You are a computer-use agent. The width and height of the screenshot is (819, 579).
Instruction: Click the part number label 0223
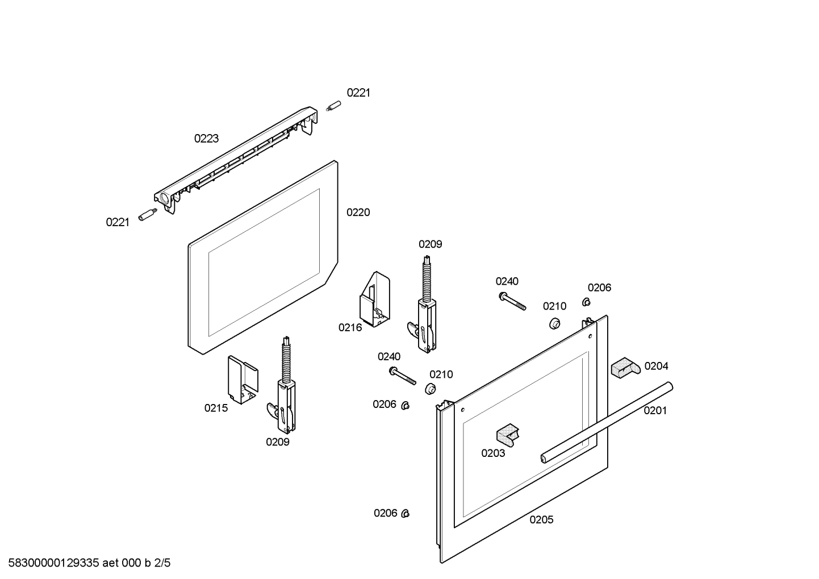(206, 139)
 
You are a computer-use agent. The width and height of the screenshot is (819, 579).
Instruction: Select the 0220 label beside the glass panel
(358, 213)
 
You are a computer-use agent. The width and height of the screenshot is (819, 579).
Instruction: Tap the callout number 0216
(350, 328)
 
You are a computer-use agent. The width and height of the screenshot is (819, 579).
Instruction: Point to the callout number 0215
(216, 408)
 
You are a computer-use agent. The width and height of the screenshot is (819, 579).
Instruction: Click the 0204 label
(656, 366)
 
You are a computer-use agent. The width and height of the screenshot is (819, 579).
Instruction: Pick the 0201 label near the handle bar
(655, 411)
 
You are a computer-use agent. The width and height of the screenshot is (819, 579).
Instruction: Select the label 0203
(493, 453)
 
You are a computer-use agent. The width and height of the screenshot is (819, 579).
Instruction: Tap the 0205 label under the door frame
(541, 520)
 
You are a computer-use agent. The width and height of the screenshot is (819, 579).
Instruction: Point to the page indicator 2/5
(162, 563)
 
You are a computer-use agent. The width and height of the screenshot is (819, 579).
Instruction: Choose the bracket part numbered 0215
(243, 381)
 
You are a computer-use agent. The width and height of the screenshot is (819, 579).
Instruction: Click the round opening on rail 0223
(164, 199)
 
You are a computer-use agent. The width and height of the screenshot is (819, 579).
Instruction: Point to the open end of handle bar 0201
(544, 458)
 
